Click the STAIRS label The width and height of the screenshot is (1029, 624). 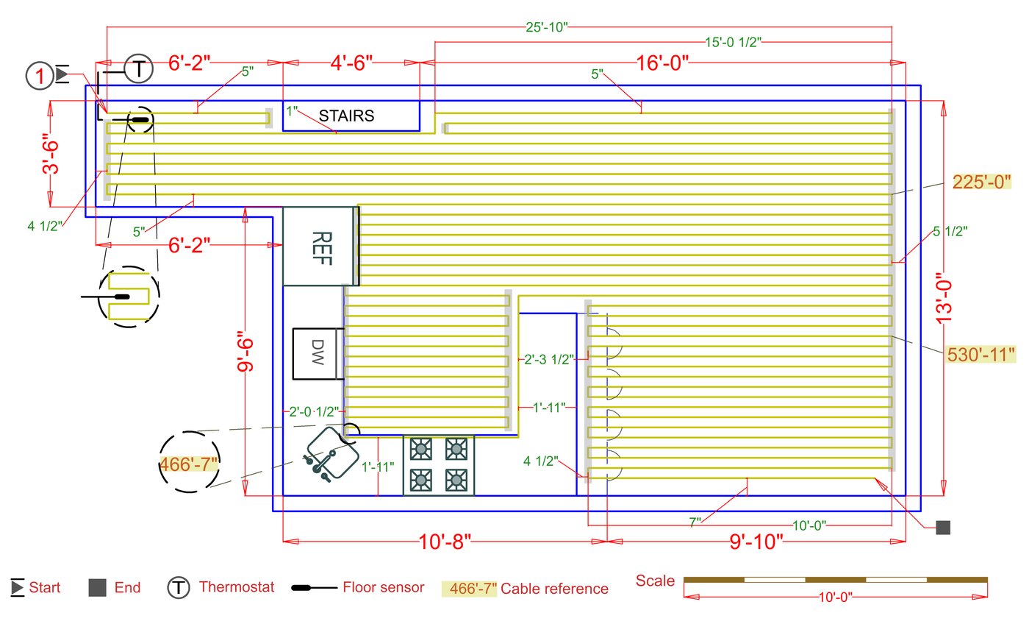[346, 116]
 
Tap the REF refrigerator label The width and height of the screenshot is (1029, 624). [322, 248]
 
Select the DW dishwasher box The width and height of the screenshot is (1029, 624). [318, 354]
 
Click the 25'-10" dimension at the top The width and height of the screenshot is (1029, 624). [547, 27]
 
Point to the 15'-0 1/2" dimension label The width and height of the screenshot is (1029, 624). [734, 42]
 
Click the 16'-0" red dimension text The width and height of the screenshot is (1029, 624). [662, 63]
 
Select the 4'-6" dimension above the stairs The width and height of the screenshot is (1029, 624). [351, 63]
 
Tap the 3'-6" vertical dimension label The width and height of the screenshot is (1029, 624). [51, 154]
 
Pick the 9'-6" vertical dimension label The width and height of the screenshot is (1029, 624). [245, 351]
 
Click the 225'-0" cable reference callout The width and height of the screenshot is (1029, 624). [982, 182]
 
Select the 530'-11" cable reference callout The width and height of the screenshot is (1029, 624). [980, 355]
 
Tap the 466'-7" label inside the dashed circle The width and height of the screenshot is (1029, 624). [188, 464]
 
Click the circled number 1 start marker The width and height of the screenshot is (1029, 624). [40, 76]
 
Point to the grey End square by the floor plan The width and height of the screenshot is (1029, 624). [943, 528]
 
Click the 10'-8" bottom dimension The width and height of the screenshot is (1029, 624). [445, 542]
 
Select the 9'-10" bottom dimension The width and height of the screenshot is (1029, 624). [756, 542]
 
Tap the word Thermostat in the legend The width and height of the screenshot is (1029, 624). [237, 587]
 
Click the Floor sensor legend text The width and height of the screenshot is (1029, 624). [384, 587]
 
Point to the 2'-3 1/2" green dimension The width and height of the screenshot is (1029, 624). [549, 359]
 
